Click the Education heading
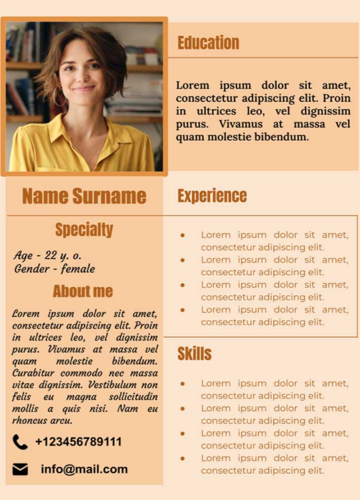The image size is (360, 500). (208, 43)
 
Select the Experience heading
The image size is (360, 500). (212, 196)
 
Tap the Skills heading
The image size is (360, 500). (194, 354)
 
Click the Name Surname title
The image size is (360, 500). (84, 196)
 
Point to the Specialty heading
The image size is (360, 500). (84, 230)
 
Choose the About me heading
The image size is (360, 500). (83, 291)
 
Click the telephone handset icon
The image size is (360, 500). (20, 442)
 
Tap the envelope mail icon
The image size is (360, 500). (20, 469)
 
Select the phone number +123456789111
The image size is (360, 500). (78, 442)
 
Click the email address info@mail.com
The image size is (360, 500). (84, 469)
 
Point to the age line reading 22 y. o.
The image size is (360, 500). (48, 256)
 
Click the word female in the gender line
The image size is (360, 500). (78, 269)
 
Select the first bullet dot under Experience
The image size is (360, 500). (183, 235)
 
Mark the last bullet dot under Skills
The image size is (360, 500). (183, 458)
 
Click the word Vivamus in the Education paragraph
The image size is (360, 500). (240, 124)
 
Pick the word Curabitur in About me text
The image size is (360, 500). (33, 373)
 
